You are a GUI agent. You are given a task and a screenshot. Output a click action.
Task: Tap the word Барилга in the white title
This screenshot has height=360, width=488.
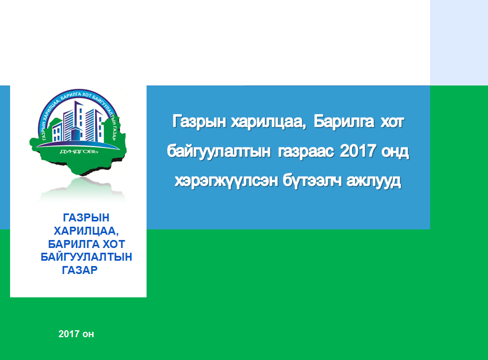[x=344, y=122]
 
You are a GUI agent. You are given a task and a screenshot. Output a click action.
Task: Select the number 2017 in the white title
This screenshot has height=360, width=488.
[x=358, y=151]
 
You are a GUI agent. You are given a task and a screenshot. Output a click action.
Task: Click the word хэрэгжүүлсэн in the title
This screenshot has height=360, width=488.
[x=226, y=181]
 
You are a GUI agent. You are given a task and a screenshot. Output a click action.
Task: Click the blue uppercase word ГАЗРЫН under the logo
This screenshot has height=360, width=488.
[x=86, y=218]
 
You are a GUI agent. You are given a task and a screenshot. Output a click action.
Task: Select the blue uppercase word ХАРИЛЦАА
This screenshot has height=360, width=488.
[x=86, y=231]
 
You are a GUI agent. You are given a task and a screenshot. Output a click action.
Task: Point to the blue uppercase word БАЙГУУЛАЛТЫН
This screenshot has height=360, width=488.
[x=87, y=257]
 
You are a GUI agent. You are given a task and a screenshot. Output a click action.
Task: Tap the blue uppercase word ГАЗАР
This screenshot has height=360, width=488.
[x=80, y=270]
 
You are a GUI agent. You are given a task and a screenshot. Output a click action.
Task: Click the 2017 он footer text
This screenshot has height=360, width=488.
[x=76, y=334]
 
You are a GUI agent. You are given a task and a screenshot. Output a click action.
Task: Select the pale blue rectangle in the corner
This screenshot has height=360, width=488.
[x=459, y=42]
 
